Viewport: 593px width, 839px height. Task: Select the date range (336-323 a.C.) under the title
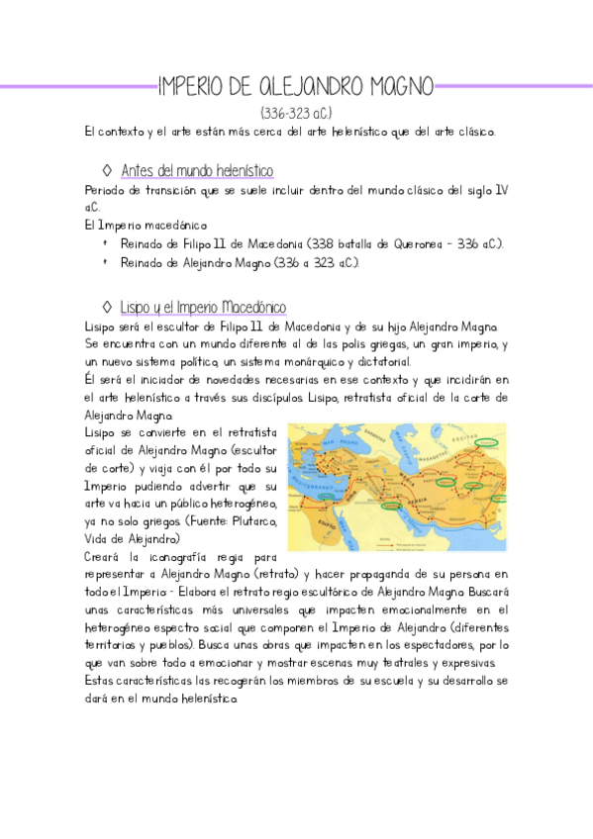coord(296,112)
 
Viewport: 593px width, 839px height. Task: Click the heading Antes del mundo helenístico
coord(197,171)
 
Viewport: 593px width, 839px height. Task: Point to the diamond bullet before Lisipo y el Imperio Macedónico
coord(107,307)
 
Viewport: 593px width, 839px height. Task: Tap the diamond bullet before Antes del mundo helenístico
coord(107,171)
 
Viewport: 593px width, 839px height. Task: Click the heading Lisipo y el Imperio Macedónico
coord(203,307)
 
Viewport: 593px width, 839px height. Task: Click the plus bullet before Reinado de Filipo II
coord(104,243)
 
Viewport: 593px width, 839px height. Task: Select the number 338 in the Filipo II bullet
coord(319,243)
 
